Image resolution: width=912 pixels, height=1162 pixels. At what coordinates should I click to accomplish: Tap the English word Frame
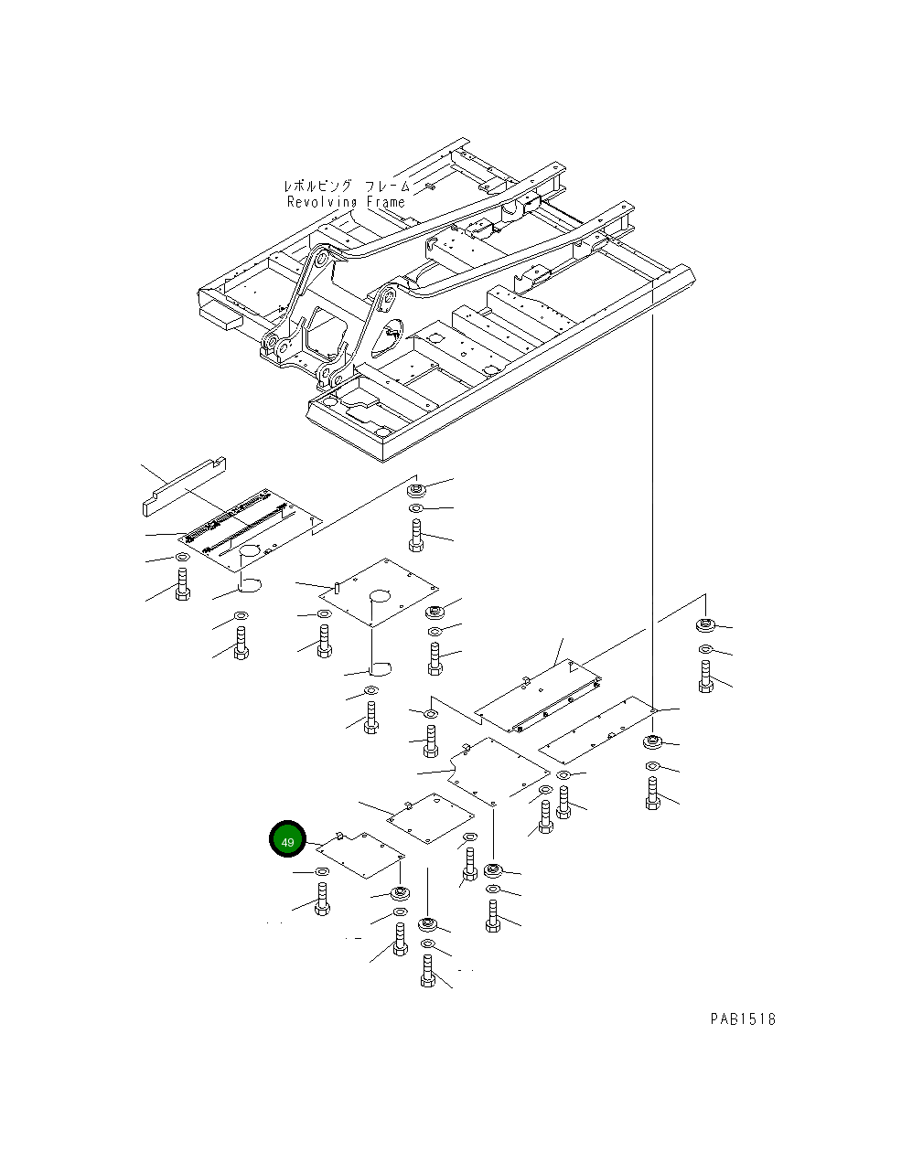(386, 202)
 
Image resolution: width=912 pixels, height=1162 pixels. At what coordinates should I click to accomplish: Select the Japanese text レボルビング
(317, 187)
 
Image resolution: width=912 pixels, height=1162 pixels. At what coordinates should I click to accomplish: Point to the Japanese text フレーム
(387, 187)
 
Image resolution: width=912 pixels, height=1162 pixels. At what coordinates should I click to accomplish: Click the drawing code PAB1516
(743, 1019)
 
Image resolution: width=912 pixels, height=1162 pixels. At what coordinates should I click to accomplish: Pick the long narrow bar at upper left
(184, 486)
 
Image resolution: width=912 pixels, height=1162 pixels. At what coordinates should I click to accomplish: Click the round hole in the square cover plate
(380, 595)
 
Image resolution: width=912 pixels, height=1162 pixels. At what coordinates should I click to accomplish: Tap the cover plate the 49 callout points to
(362, 856)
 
